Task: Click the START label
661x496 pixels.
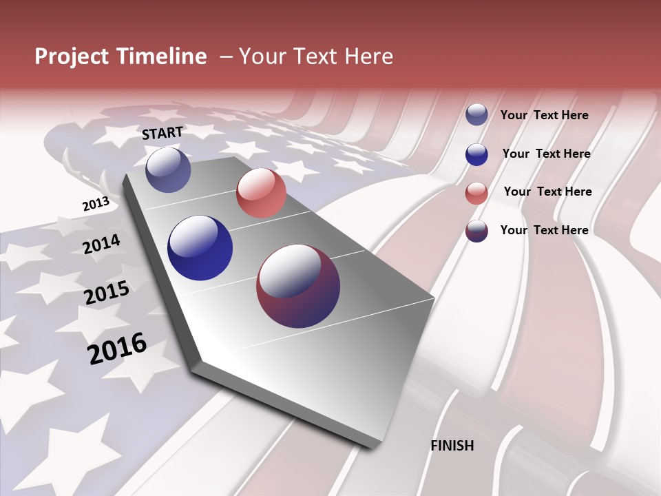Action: pyautogui.click(x=162, y=133)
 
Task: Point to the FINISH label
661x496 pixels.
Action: pyautogui.click(x=452, y=446)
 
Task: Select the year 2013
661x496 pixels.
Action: pyautogui.click(x=96, y=204)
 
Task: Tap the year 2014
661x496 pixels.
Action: pyautogui.click(x=101, y=245)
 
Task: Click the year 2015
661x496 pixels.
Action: pyautogui.click(x=106, y=293)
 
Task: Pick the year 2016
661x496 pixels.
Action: pyautogui.click(x=117, y=348)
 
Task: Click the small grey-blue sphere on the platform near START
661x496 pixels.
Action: pyautogui.click(x=168, y=169)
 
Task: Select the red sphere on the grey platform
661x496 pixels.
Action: pyautogui.click(x=261, y=193)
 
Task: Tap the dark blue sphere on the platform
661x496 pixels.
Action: pyautogui.click(x=200, y=248)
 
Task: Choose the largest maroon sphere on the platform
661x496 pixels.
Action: pyautogui.click(x=298, y=286)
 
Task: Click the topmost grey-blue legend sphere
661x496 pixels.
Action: pyautogui.click(x=476, y=115)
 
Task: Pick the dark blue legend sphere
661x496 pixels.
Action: pyautogui.click(x=476, y=154)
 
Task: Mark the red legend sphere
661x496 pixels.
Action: pyautogui.click(x=476, y=193)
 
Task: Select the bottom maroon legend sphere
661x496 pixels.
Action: pyautogui.click(x=476, y=231)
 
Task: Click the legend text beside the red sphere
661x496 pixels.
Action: pyautogui.click(x=547, y=192)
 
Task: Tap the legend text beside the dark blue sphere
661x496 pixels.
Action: pyautogui.click(x=546, y=154)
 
